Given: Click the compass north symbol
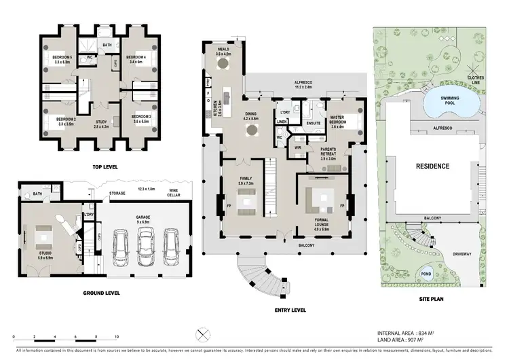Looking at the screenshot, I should pos(202,334).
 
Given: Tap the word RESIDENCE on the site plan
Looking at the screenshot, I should pos(432,166).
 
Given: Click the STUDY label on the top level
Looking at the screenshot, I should pos(101,123).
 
